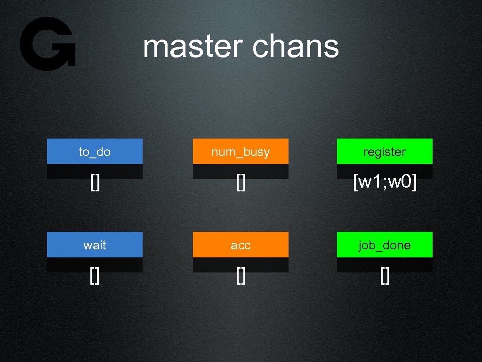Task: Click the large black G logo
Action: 47,43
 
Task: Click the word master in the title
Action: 193,47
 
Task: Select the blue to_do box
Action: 95,151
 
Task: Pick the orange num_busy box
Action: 241,151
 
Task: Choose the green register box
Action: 385,151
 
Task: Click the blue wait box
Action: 95,245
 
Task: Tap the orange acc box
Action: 241,245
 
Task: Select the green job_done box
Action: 385,245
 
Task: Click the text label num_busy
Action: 241,152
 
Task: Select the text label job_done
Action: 385,246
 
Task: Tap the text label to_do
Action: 95,152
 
